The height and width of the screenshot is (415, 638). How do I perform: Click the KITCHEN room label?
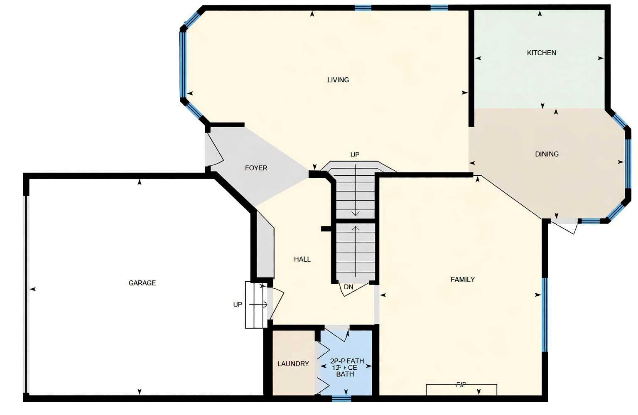pyautogui.click(x=541, y=53)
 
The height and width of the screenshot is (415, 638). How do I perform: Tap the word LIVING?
pyautogui.click(x=338, y=80)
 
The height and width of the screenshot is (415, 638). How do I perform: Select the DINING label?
pyautogui.click(x=547, y=154)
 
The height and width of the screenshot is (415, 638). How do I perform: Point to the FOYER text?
pyautogui.click(x=256, y=168)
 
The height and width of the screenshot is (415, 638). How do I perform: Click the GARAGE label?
pyautogui.click(x=142, y=283)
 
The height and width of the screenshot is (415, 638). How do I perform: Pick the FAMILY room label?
pyautogui.click(x=462, y=280)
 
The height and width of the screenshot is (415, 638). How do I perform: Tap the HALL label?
pyautogui.click(x=302, y=259)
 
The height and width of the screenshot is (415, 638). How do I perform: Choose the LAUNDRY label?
pyautogui.click(x=293, y=364)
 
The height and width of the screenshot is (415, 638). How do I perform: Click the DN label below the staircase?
pyautogui.click(x=348, y=287)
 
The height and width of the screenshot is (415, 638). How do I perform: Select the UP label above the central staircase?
pyautogui.click(x=355, y=155)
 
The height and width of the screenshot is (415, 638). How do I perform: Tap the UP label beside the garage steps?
pyautogui.click(x=238, y=304)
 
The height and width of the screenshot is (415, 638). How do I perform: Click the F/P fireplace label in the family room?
pyautogui.click(x=461, y=385)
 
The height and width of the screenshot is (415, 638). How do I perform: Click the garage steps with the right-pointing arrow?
pyautogui.click(x=256, y=305)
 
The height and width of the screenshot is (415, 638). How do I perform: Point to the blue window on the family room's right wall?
pyautogui.click(x=545, y=315)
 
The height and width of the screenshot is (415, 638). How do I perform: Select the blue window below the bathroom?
pyautogui.click(x=341, y=399)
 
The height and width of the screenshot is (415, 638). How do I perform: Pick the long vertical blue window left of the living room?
pyautogui.click(x=182, y=65)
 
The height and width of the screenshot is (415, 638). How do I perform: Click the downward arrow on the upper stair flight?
pyautogui.click(x=356, y=191)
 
